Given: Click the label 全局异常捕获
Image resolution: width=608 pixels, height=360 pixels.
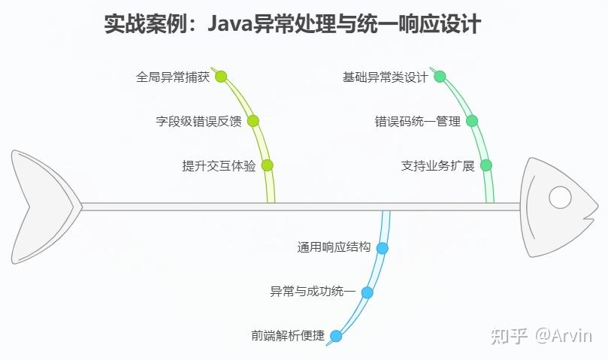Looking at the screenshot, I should tap(173, 77).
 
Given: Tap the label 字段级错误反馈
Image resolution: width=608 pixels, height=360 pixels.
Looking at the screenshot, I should tap(198, 121).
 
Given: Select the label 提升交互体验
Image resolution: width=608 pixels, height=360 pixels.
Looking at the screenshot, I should tap(219, 166).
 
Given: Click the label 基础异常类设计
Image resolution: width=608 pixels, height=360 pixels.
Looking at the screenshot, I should tap(385, 77).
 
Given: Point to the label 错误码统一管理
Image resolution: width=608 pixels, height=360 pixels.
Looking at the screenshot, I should tap(417, 121).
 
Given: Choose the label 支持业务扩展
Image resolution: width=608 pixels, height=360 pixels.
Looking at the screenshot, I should tap(437, 166).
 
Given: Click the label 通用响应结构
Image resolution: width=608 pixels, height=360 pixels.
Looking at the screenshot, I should tap(334, 247).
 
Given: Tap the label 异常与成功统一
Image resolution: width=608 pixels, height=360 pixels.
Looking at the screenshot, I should tap(313, 292).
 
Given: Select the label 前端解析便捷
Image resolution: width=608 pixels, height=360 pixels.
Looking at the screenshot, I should tap(288, 336).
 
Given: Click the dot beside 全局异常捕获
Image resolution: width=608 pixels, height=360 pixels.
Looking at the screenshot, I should tap(221, 76).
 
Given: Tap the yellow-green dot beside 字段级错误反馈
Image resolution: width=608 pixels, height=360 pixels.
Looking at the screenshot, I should tap(253, 120).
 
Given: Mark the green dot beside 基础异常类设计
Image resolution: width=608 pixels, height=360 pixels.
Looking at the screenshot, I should tap(440, 76).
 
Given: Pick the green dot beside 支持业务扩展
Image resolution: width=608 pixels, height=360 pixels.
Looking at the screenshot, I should tap(486, 165).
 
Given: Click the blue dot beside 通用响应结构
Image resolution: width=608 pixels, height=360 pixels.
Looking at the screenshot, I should tap(383, 247).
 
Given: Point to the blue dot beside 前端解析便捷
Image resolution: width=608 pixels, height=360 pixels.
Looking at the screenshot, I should tap(336, 336).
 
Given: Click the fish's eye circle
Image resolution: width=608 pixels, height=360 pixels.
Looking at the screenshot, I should tap(560, 197).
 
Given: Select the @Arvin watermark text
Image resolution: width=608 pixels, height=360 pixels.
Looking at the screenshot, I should tap(563, 335).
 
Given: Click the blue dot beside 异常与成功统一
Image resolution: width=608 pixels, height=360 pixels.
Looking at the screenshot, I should tap(367, 292).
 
